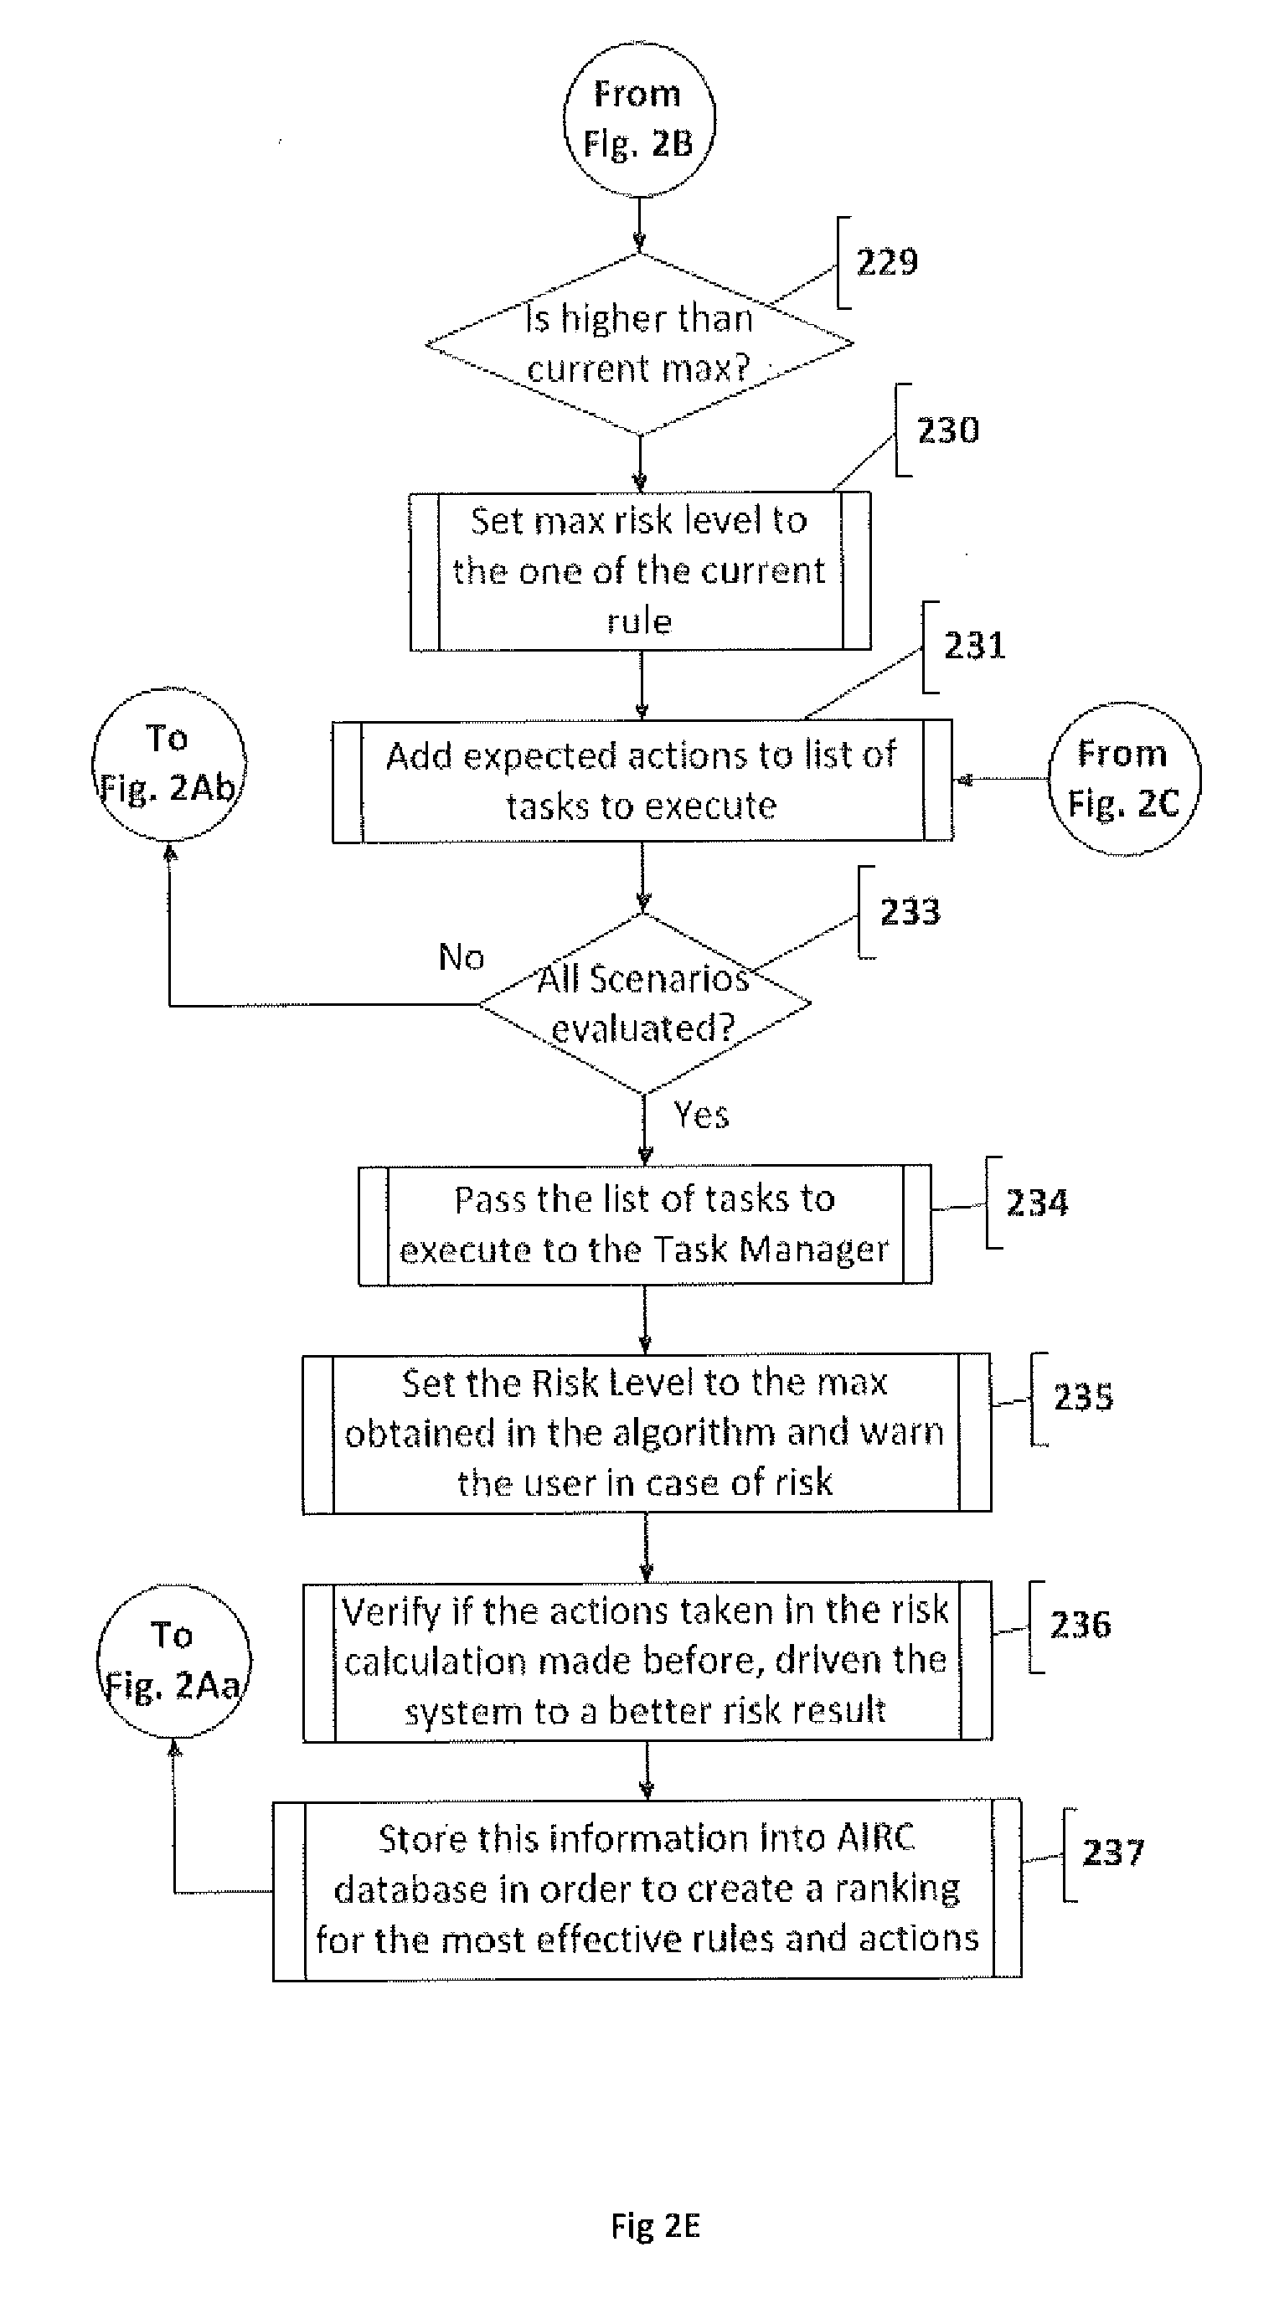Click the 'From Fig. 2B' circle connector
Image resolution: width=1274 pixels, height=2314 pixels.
coord(639,120)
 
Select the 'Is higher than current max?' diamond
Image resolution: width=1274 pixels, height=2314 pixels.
coord(639,344)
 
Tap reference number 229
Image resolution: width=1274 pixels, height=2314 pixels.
coord(887,262)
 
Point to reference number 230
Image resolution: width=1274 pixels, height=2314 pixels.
coord(947,430)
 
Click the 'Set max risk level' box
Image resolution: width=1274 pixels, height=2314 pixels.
coord(640,570)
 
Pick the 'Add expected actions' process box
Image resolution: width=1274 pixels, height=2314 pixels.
coord(642,781)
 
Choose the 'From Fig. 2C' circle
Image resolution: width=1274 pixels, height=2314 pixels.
coord(1123,779)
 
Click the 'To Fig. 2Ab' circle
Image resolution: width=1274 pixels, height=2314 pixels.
coord(168,765)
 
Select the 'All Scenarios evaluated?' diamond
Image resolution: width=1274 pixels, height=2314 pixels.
coord(643,1003)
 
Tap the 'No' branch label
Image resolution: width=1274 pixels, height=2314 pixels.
coord(461,957)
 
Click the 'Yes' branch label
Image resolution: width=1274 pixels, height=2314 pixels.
coord(701,1116)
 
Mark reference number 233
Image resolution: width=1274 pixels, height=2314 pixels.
coord(910,912)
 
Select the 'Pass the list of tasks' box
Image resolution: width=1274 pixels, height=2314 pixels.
coord(644,1224)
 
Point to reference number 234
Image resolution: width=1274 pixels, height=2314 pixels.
coord(1037,1203)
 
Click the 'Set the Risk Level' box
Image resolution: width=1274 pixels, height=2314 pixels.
coord(645,1433)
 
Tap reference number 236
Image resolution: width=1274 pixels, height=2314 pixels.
coord(1080,1624)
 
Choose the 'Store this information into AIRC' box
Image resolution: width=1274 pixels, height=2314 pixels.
coord(646,1889)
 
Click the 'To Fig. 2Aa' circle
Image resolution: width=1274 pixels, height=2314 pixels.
coord(173,1661)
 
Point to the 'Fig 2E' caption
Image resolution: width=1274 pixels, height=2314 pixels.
coord(655,2227)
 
